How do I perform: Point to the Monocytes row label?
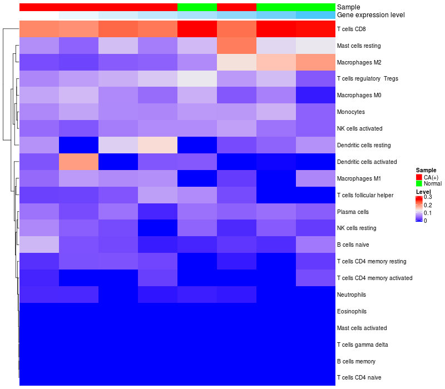pos(351,112)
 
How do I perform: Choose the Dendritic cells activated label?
pos(367,162)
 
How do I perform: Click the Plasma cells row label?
pos(353,212)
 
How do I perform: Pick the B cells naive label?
pos(353,245)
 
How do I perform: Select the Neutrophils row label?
pos(352,295)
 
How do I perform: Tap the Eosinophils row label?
pos(352,311)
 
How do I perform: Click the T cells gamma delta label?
pos(363,345)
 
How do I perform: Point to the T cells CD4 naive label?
pos(359,378)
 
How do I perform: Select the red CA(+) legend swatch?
pos(419,177)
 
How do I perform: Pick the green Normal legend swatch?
pos(419,183)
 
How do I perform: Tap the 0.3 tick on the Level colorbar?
pos(428,197)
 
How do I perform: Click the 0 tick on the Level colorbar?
pos(426,221)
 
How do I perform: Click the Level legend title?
pos(423,192)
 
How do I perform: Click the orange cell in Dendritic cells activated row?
pos(78,162)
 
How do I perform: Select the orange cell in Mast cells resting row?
pos(236,45)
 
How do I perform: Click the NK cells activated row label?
pos(360,128)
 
